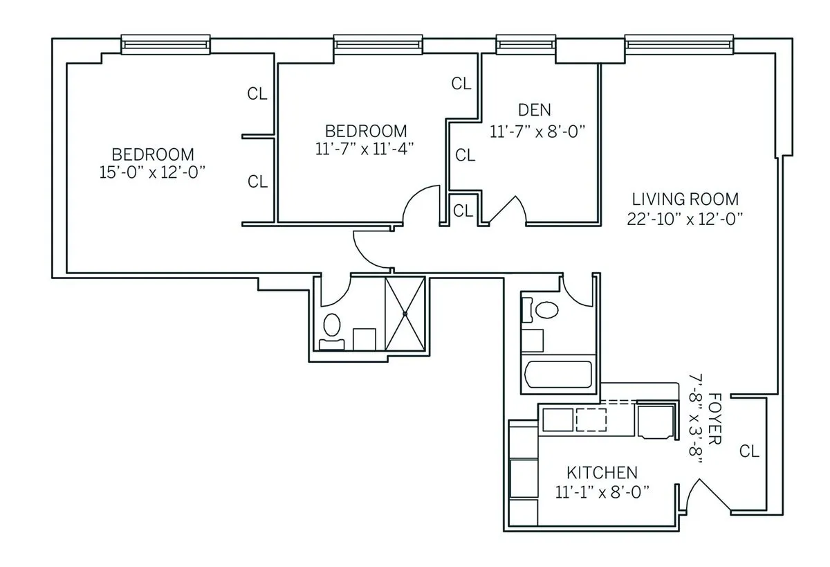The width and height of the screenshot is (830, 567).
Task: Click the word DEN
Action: (534, 109)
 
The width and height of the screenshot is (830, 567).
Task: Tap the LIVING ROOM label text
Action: (685, 199)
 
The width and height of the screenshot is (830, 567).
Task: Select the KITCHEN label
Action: (602, 473)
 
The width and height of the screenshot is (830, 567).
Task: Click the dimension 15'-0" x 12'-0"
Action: (153, 172)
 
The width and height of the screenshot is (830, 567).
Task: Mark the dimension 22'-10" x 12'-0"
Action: (685, 218)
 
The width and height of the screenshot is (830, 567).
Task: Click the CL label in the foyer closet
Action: (749, 451)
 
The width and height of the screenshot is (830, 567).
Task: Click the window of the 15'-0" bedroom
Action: (165, 45)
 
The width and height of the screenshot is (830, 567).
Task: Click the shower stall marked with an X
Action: (405, 313)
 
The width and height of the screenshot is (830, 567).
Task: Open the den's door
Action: (508, 208)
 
